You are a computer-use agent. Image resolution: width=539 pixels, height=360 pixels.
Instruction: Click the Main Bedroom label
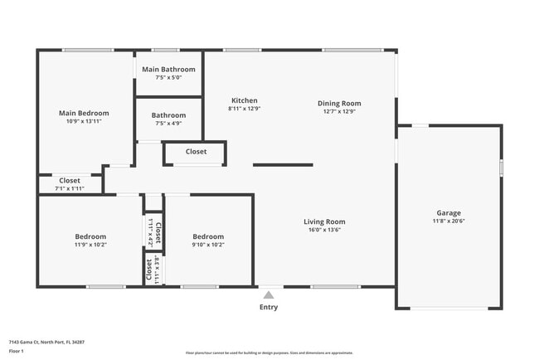coord(83,113)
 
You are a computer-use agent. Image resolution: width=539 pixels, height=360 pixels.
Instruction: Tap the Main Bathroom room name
coord(168,69)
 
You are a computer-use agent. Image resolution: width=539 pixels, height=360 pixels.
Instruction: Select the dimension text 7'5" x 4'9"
coord(168,124)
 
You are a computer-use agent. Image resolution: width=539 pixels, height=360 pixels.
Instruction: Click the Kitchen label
coord(244,100)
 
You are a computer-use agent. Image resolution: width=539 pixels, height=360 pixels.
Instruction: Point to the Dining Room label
coord(339,104)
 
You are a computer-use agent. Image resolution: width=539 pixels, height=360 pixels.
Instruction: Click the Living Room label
coord(323,221)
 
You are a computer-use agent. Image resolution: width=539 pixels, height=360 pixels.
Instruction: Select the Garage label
coord(449,213)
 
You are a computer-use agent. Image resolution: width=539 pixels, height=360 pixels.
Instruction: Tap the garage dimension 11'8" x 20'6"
coord(449,221)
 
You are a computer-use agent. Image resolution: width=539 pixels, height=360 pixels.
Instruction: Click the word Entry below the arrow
coord(269,307)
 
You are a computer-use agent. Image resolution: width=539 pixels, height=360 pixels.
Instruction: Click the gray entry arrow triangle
coord(269,294)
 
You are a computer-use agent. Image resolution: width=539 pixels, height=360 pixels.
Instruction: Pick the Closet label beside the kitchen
coord(196,152)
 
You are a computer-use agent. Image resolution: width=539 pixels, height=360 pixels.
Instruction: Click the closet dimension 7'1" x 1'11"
coord(70,188)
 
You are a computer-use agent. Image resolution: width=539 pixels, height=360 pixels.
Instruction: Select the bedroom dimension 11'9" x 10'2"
coord(90,245)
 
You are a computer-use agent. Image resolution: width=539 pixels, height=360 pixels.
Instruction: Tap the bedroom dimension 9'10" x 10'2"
coord(208,245)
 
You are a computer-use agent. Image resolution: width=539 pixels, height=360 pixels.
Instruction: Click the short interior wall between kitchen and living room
coord(283,164)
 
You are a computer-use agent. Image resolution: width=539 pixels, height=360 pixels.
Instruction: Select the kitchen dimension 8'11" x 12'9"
coord(244,109)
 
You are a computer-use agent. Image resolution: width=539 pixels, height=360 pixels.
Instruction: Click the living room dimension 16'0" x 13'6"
coord(323,230)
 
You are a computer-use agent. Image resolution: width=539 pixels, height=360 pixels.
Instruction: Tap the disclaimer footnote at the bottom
coord(269,353)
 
